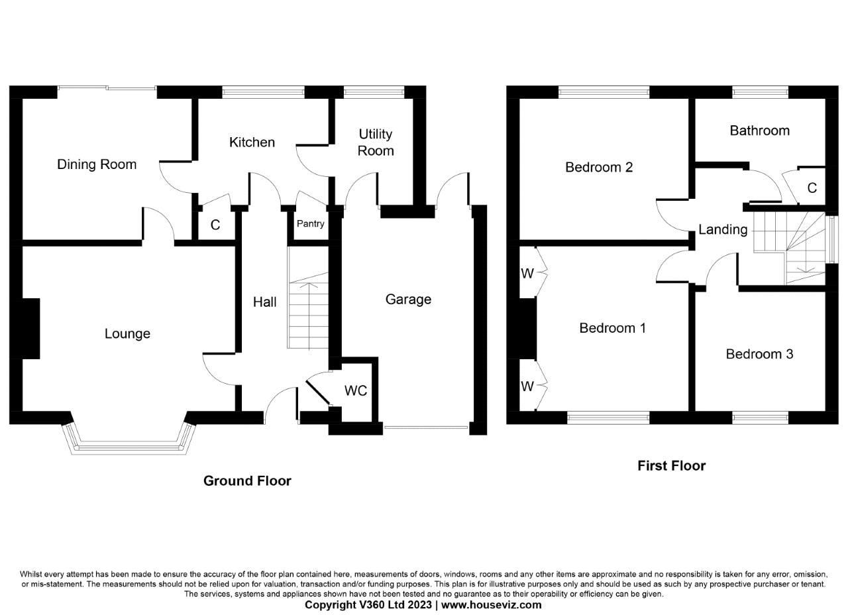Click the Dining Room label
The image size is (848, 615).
tap(97, 164)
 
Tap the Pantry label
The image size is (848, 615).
tap(310, 224)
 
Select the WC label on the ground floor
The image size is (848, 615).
tap(355, 391)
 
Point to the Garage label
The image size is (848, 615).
tap(408, 300)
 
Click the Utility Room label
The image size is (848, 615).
tap(376, 142)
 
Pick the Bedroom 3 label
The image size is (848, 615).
tap(759, 354)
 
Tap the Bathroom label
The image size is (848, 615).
tap(759, 131)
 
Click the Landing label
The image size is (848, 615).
tap(722, 230)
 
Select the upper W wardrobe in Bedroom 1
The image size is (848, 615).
tap(527, 273)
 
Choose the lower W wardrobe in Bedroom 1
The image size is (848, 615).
tap(527, 386)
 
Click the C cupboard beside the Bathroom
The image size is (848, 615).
tap(812, 188)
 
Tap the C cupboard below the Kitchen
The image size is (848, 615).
tap(215, 225)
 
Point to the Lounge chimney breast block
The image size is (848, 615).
tap(30, 329)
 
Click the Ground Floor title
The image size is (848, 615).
tap(247, 481)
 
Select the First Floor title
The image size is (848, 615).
tap(671, 466)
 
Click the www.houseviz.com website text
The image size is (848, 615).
tap(492, 605)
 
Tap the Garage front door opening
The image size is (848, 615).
tap(427, 428)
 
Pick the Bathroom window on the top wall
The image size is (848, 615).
tap(760, 92)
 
